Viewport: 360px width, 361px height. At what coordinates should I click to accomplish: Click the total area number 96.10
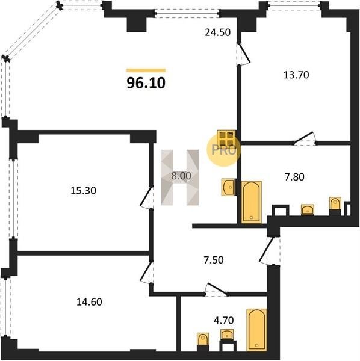coord(146,83)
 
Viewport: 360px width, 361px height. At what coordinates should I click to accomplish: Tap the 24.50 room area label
coord(218,32)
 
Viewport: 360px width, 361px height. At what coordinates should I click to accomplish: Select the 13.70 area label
coord(296,75)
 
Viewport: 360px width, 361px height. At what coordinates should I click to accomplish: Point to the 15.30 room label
coord(83,190)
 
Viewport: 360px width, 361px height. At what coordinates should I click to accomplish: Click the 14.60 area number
coord(89,302)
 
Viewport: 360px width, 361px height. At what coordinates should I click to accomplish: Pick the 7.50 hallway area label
coord(214,260)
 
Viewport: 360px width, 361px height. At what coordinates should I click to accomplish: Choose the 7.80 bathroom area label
coord(294,177)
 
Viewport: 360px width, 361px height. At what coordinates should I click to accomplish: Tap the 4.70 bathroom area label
coord(224,320)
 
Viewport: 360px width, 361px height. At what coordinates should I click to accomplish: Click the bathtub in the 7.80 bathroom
coord(251,202)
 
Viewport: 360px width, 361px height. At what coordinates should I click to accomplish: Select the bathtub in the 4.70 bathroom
coord(257,330)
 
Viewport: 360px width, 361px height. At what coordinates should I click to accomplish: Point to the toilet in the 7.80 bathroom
coord(335,206)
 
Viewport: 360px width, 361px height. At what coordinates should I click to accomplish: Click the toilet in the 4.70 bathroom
coord(203,342)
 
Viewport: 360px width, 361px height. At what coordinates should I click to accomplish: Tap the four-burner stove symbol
coord(226,138)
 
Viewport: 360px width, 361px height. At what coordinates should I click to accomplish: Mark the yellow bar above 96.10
coord(146,70)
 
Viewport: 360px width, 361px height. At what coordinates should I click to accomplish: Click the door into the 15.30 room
coord(147,197)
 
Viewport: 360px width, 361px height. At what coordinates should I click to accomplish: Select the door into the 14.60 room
coord(147,273)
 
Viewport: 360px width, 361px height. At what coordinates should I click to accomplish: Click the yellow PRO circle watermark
coord(223,150)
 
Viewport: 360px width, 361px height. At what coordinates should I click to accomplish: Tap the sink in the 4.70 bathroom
coord(227,334)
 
